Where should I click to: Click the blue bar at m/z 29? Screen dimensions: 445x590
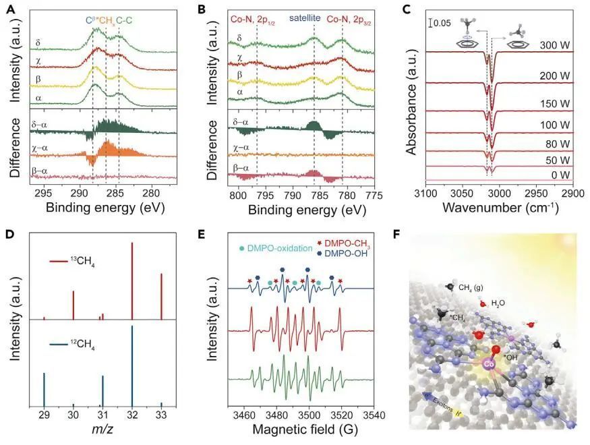[x=44, y=389]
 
